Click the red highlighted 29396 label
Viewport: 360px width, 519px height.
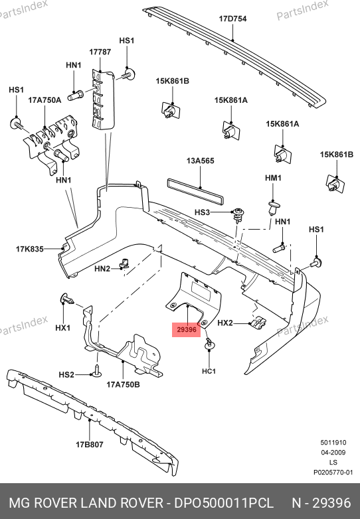point(187,330)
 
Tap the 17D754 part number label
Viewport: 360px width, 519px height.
point(232,19)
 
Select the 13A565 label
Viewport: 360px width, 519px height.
point(200,161)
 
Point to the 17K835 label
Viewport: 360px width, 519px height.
point(30,249)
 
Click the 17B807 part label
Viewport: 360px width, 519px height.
point(90,445)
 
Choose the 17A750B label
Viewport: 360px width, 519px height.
point(123,384)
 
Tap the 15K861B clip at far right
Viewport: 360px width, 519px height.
point(335,183)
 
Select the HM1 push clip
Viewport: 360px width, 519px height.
point(273,208)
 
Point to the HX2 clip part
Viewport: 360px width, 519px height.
point(258,322)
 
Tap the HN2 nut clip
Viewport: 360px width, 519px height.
point(124,263)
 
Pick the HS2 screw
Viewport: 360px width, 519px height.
point(98,372)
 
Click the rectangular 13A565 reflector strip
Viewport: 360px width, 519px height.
point(195,190)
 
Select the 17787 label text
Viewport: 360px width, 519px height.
point(100,52)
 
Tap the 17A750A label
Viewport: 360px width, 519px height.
point(45,100)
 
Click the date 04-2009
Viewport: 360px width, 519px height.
point(333,453)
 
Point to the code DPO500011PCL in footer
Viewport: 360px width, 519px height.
point(224,503)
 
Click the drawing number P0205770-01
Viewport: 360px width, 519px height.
point(333,473)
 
